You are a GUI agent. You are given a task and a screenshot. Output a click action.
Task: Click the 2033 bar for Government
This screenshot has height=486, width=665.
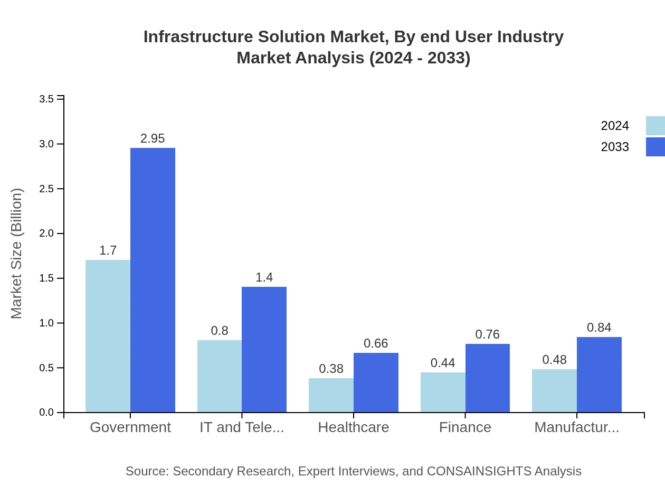pos(153,280)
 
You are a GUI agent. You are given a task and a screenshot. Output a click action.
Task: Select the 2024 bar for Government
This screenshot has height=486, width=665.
pos(108,336)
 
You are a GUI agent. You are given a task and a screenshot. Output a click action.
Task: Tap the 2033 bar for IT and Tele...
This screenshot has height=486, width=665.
pos(264,349)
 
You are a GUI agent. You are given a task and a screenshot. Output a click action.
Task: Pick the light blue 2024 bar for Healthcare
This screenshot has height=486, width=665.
pos(331,395)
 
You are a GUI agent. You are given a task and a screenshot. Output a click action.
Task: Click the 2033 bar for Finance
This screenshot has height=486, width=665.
pos(487,378)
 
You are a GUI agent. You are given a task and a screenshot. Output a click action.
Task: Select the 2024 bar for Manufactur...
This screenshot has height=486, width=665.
pos(554,390)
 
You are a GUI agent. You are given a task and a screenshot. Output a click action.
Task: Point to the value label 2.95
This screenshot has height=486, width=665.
pos(153,138)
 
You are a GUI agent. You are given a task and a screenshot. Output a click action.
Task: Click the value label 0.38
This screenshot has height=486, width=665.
pos(331,369)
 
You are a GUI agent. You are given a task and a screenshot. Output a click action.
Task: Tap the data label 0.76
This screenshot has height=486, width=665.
pos(487,334)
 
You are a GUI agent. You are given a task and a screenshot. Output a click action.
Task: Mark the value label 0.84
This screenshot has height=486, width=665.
pos(599,328)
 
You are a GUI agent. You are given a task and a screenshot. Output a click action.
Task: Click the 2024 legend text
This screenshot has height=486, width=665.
pos(615,126)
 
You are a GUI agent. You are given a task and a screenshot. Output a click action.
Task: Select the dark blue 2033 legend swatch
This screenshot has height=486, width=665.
pos(655,147)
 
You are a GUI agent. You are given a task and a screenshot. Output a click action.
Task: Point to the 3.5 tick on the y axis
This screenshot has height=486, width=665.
pos(46,99)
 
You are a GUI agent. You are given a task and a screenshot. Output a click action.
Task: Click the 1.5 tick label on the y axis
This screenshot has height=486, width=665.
pos(46,278)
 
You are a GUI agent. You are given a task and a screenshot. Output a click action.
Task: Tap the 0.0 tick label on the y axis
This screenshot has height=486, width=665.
pos(46,413)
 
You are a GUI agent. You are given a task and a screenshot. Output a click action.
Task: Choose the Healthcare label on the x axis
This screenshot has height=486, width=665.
pos(353,427)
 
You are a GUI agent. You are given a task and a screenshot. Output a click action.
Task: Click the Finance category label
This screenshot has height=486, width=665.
pos(465,427)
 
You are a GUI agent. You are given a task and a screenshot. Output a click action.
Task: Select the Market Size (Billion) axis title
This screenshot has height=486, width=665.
pos(17,254)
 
